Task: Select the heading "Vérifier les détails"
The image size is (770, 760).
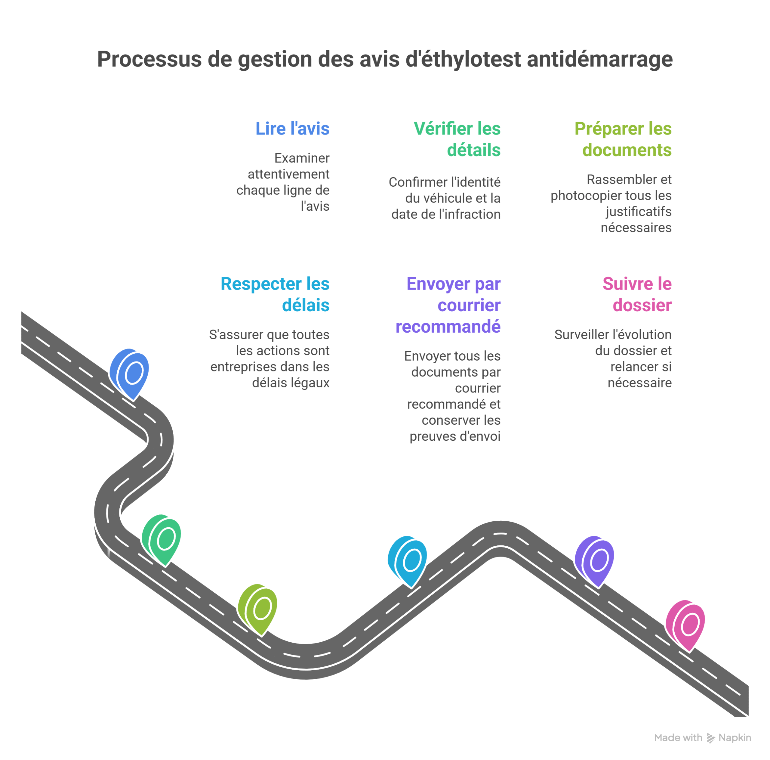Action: point(457,139)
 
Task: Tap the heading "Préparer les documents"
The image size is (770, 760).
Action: point(623,139)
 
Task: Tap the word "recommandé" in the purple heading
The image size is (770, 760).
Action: point(448,327)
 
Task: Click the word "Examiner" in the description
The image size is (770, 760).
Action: point(302,158)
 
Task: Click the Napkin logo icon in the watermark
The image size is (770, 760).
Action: point(711,738)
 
